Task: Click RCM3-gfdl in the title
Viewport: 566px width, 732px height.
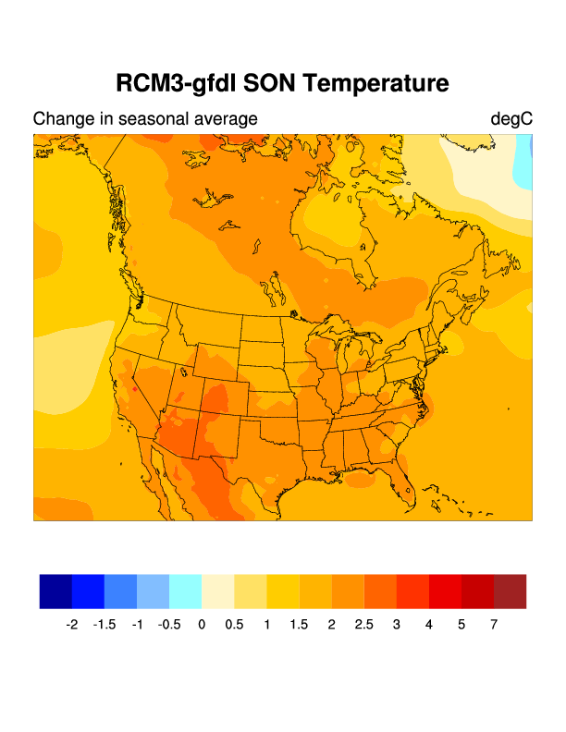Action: tap(174, 83)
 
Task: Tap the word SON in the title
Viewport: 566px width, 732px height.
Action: tap(268, 83)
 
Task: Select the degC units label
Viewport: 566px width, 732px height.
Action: tap(511, 119)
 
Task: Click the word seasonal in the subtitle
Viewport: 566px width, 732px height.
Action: tap(158, 119)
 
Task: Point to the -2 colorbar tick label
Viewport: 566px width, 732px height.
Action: tap(72, 625)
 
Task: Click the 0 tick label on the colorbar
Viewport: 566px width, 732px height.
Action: tap(202, 625)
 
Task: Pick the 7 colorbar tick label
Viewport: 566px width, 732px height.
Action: tap(494, 625)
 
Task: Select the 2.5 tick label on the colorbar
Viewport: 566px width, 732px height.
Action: tap(363, 625)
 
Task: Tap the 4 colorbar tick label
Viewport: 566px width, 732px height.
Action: tap(429, 625)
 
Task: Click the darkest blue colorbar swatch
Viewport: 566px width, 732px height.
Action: tap(55, 592)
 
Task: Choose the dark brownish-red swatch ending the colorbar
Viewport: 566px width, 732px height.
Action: tap(510, 592)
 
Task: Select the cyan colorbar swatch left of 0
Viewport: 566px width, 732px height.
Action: tap(185, 592)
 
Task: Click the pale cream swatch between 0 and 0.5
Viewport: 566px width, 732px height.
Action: tap(217, 592)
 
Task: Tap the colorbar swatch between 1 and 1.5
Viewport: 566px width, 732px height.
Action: tap(283, 592)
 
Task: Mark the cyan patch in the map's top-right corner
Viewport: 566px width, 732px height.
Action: tap(524, 157)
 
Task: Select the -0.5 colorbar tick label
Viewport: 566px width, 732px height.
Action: tap(169, 625)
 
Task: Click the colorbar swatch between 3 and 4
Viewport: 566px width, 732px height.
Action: tap(412, 592)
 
